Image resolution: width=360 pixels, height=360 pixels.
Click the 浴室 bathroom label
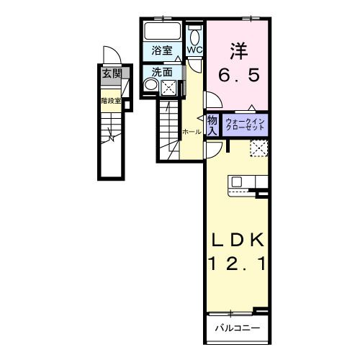pos(162,50)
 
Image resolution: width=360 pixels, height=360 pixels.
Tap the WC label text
pos(195,50)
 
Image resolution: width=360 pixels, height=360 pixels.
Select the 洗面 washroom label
pos(162,72)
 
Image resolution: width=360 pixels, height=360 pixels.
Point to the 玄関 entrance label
pos(111,73)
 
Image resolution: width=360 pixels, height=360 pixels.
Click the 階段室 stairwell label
pos(110,101)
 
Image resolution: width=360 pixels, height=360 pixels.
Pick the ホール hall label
pos(192,132)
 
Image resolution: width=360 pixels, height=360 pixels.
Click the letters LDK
pos(238,240)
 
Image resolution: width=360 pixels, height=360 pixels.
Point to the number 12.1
pos(238,265)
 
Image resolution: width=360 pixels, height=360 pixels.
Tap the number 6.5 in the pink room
pos(238,74)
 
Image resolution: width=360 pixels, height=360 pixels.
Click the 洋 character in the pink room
pos(239,51)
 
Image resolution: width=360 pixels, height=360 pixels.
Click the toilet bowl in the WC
pos(196,37)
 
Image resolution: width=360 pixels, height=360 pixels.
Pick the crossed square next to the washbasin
pos(168,87)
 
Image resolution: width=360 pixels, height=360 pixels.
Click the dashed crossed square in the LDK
pos(258,148)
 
